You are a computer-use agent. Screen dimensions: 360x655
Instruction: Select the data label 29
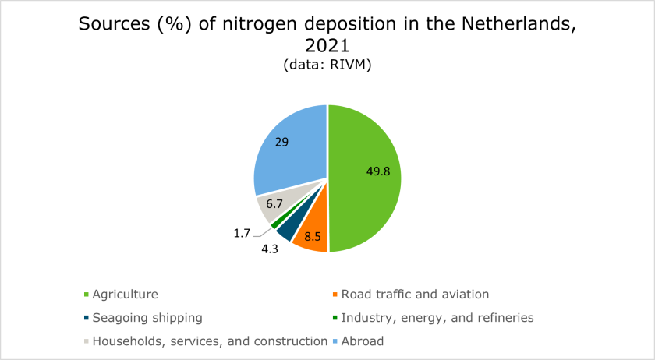point(281,143)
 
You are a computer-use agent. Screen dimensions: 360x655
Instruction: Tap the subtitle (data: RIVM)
point(327,67)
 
